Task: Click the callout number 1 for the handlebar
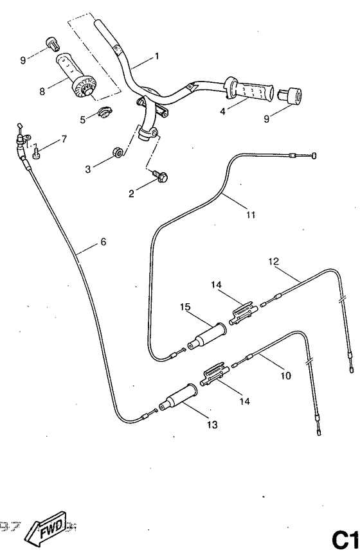click(157, 56)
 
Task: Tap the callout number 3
click(88, 169)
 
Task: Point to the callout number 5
click(82, 119)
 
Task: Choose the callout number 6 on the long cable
click(104, 242)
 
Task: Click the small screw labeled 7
click(37, 153)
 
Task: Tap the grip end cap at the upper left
click(51, 44)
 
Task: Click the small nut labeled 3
click(118, 154)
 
